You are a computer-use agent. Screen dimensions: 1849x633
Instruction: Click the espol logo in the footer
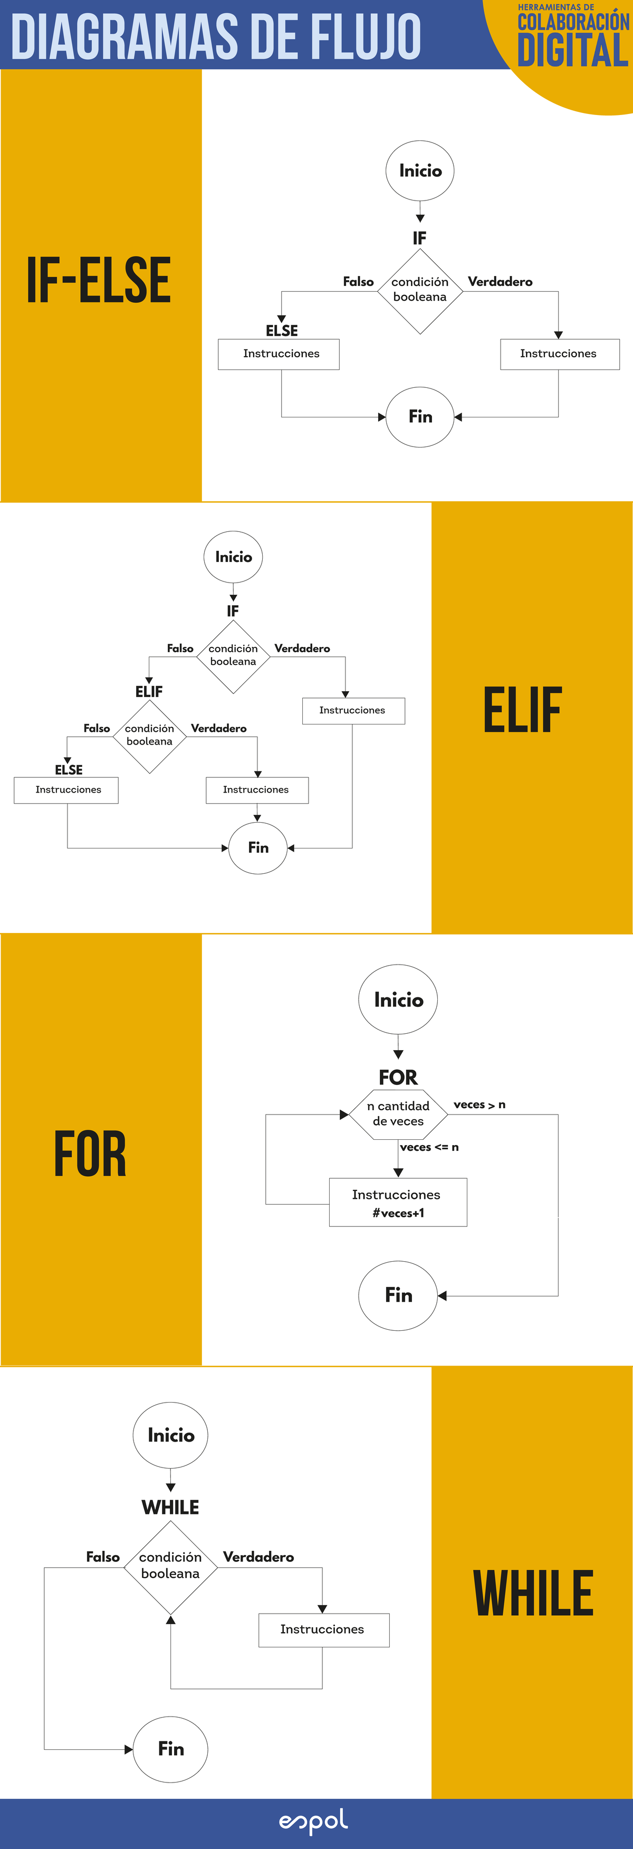coord(314,1821)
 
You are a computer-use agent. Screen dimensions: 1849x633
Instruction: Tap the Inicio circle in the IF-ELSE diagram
coord(420,171)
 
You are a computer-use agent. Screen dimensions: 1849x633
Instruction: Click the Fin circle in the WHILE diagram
coord(171,1749)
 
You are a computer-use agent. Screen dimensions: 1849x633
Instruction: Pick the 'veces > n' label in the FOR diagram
coord(479,1104)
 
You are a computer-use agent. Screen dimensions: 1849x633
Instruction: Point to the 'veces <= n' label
coord(429,1147)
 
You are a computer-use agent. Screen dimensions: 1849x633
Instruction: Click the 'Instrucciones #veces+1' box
coord(398,1202)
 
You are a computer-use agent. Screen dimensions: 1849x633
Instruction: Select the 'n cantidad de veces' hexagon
coord(398,1114)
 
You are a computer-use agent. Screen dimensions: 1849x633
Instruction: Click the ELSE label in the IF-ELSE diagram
coord(281,330)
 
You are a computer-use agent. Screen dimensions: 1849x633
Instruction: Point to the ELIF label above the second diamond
coord(149,691)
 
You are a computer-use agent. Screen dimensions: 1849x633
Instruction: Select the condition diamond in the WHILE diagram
coord(170,1568)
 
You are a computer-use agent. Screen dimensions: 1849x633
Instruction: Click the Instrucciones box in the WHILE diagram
coord(323,1630)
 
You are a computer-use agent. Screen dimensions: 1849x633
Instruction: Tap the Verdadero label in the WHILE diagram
coord(258,1556)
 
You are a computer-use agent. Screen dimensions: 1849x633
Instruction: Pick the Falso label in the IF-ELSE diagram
coord(358,281)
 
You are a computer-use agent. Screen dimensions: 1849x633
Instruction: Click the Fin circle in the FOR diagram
coord(398,1295)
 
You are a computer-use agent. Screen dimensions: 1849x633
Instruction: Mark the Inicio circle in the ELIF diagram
coord(233,557)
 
